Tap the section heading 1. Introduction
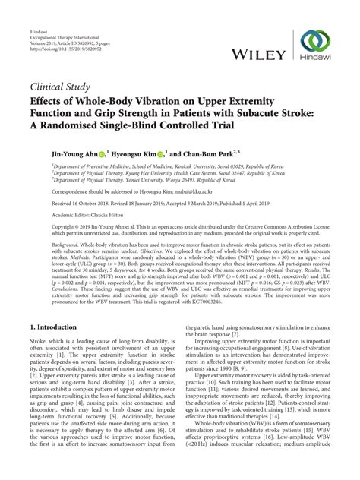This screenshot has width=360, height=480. point(55,329)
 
